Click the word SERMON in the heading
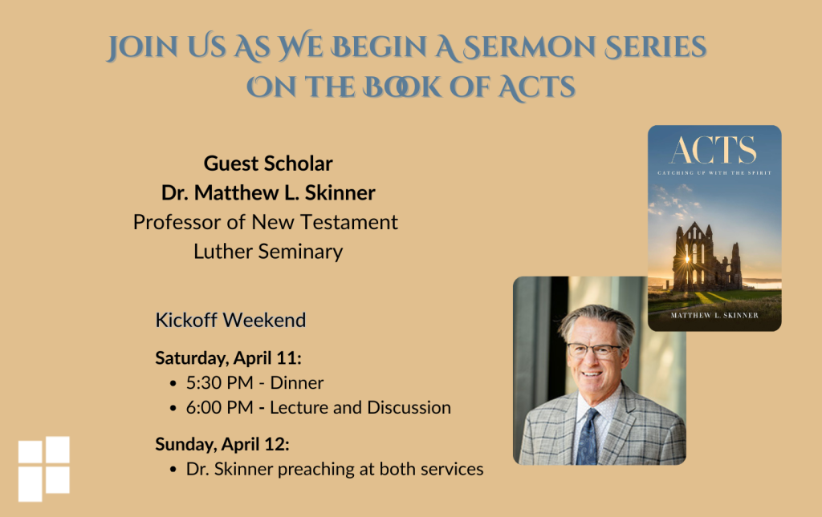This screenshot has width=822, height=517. click(x=529, y=47)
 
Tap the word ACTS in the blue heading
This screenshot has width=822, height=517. click(x=536, y=87)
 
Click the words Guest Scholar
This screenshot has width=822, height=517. click(x=268, y=164)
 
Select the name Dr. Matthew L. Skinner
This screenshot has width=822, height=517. click(x=268, y=192)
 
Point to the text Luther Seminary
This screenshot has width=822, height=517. click(x=268, y=252)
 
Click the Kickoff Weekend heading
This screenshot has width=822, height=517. click(x=230, y=320)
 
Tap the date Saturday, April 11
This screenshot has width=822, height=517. click(x=228, y=358)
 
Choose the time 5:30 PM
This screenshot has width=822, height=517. click(x=220, y=383)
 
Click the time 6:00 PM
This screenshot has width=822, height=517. click(x=220, y=408)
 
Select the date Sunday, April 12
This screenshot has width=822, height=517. click(x=222, y=444)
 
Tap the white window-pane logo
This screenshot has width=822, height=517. click(x=44, y=469)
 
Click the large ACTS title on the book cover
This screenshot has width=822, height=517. click(x=714, y=151)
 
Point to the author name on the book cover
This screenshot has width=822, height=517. click(x=714, y=316)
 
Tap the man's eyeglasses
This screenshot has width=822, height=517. click(x=594, y=350)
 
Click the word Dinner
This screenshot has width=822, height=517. click(x=297, y=383)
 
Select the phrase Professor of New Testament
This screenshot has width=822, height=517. click(x=265, y=222)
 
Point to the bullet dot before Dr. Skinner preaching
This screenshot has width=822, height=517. click(x=173, y=470)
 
